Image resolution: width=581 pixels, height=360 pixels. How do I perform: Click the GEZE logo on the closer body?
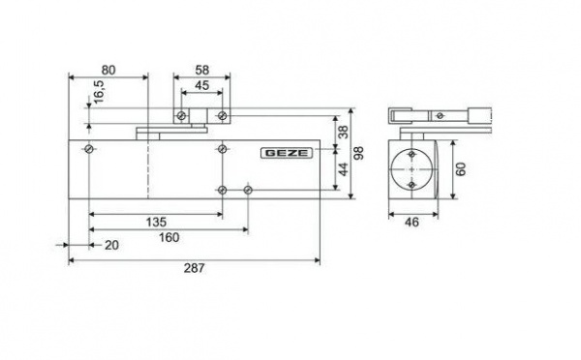tap(287, 153)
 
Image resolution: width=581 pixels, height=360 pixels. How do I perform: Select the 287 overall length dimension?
tap(195, 268)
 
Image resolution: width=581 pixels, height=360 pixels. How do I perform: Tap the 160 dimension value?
tap(168, 237)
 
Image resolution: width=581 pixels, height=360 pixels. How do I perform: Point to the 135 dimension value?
tap(156, 223)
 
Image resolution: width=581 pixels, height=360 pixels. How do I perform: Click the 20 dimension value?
tap(111, 245)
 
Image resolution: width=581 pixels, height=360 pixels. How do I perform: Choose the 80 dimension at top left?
tap(108, 70)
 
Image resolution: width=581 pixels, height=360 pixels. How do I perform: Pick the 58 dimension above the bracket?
tap(202, 70)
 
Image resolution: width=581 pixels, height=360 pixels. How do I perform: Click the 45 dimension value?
tap(202, 85)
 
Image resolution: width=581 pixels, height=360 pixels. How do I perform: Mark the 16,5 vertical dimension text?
tap(99, 92)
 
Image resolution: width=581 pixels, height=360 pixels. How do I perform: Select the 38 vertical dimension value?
tap(344, 132)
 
